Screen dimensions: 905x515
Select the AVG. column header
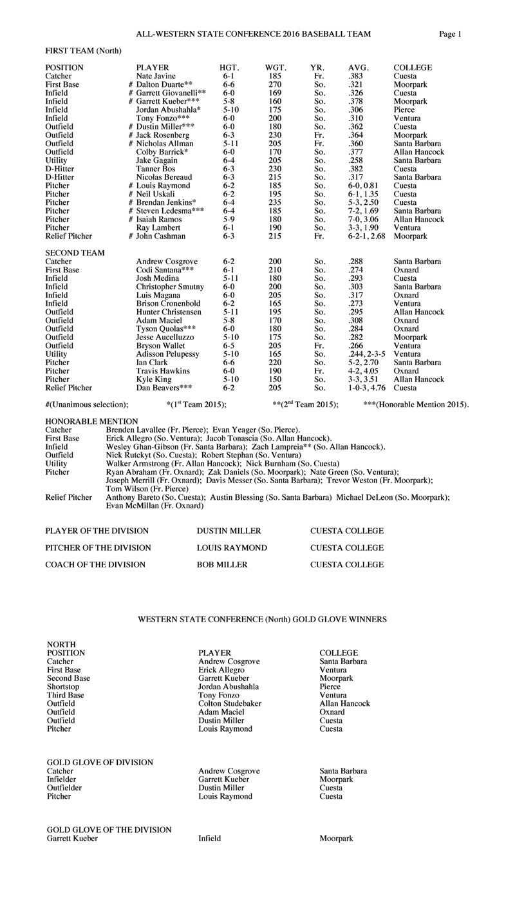pos(359,68)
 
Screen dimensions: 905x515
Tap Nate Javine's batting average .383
pos(356,76)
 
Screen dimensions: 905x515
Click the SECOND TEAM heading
pos(75,253)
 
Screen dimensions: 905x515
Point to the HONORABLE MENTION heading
pos(91,421)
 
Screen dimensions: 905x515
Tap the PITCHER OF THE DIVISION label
pos(98,548)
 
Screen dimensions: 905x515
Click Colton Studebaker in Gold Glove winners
pos(230,704)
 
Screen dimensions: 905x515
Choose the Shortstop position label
pos(63,687)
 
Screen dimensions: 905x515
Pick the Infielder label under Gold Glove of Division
pos(64,779)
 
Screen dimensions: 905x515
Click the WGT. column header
pos(276,68)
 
